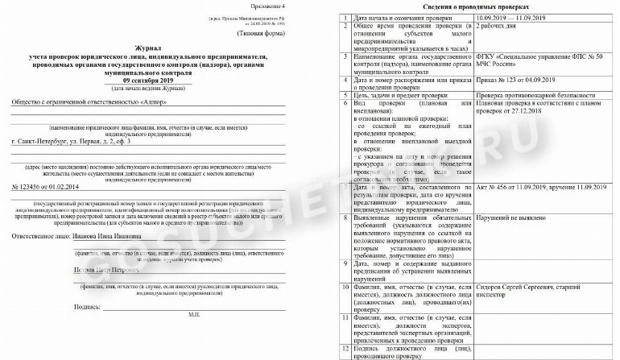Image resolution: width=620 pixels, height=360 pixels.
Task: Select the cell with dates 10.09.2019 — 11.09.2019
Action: coord(515,17)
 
